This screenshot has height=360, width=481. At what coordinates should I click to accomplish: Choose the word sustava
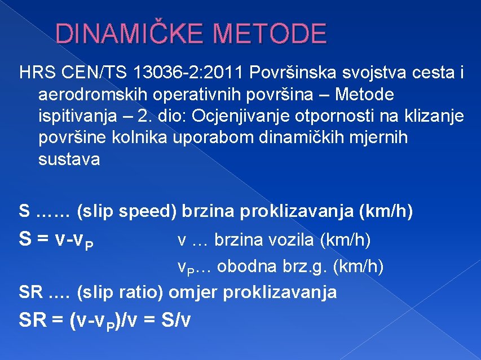coord(69,159)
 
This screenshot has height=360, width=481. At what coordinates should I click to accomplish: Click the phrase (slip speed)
coord(127,212)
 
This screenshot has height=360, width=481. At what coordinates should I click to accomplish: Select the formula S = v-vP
coord(56,241)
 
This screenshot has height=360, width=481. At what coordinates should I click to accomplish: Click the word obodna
coord(244,266)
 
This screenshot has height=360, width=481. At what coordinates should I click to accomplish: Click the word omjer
coord(193,292)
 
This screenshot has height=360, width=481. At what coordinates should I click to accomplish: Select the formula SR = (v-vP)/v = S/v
coord(105,320)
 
